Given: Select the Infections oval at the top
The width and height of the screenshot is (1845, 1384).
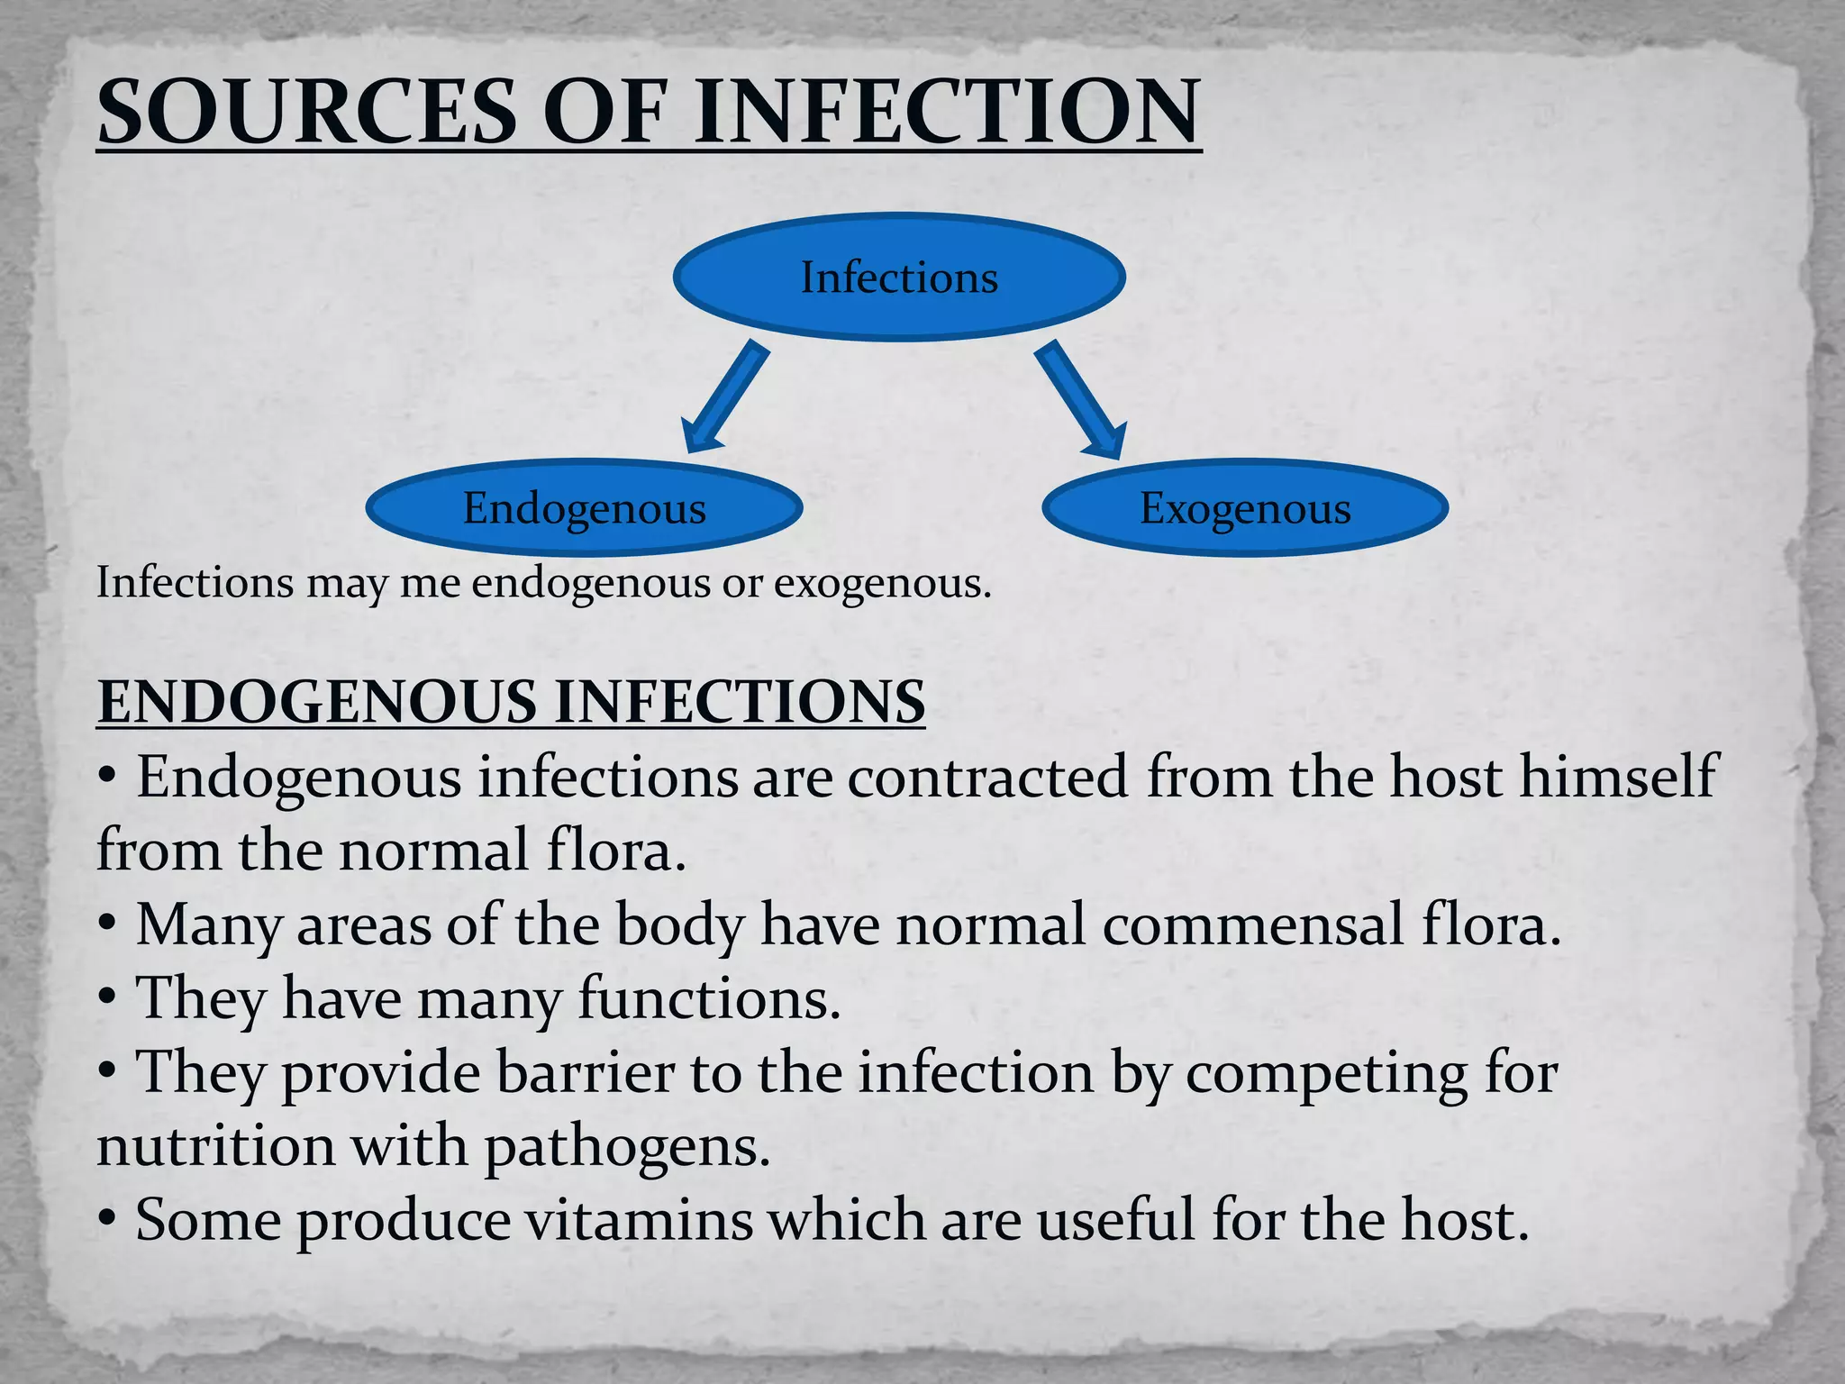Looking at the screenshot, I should tap(899, 277).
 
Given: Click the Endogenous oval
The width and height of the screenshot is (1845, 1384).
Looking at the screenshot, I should tap(584, 507).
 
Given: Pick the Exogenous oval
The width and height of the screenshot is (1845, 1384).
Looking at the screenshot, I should tap(1245, 507).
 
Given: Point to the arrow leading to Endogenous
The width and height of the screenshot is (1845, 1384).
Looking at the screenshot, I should tap(725, 397).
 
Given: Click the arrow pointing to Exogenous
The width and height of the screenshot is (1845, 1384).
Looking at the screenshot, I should tap(1080, 399).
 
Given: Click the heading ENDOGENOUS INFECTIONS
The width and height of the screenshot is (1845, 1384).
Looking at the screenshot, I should tap(511, 702).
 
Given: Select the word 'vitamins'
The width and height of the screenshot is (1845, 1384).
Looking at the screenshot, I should tap(638, 1220).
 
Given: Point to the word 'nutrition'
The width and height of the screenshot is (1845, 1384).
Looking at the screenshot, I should tap(215, 1146).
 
